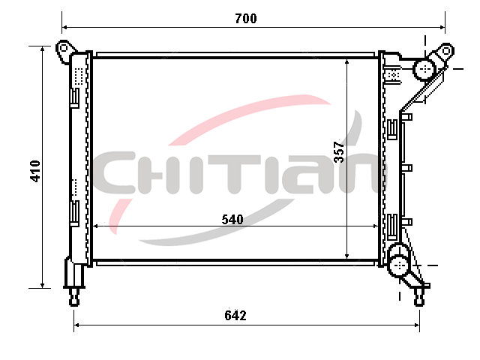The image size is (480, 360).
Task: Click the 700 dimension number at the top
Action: click(x=246, y=19)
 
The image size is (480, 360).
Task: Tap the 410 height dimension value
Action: click(x=35, y=171)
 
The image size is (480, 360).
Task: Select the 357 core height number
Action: click(x=339, y=151)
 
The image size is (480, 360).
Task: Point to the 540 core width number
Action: click(x=232, y=220)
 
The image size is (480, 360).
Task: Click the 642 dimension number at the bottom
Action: click(x=235, y=315)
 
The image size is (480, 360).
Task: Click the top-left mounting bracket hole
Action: click(x=63, y=48)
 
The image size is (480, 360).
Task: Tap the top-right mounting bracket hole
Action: click(x=446, y=50)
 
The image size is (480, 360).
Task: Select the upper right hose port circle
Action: click(x=424, y=69)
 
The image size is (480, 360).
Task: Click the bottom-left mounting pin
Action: click(x=74, y=297)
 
